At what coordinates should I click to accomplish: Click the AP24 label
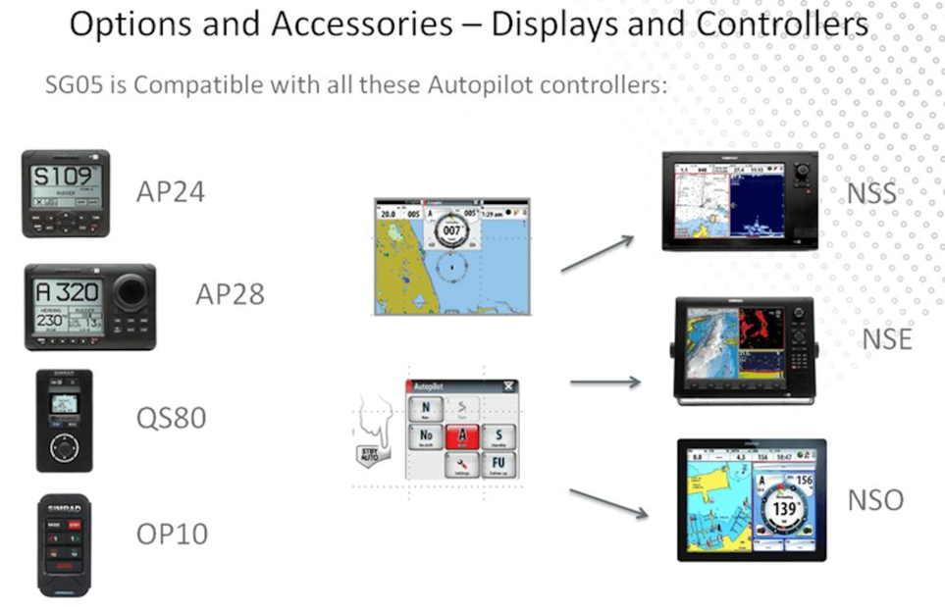(x=170, y=190)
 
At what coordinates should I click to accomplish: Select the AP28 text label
(x=230, y=294)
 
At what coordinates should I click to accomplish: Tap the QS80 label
(x=171, y=418)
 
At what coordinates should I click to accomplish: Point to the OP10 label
(x=172, y=535)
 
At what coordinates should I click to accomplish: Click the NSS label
(x=871, y=193)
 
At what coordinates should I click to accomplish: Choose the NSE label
(x=887, y=340)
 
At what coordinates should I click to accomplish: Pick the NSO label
(x=875, y=500)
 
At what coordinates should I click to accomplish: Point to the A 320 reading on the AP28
(x=68, y=293)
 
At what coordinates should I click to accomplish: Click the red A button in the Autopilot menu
(x=461, y=435)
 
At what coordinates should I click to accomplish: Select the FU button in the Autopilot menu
(x=498, y=464)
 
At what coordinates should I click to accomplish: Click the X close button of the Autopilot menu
(x=509, y=385)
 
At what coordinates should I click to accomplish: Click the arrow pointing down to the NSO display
(x=608, y=502)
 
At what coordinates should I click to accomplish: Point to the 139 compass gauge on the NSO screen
(x=784, y=511)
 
